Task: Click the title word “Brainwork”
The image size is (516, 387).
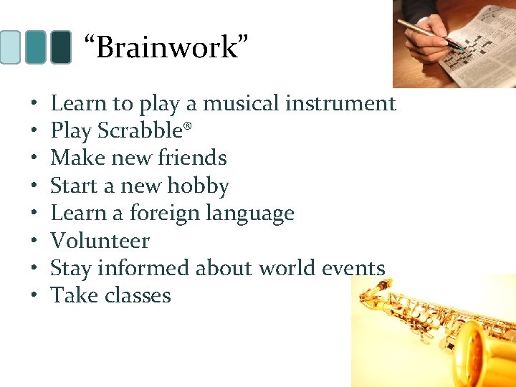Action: [x=166, y=48]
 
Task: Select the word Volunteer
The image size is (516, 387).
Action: [x=100, y=241]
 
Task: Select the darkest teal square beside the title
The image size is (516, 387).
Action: [x=60, y=47]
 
